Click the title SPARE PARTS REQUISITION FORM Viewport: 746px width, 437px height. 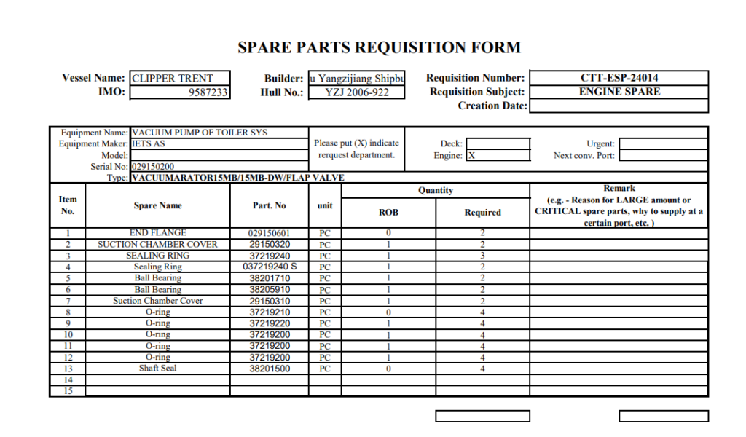tap(379, 48)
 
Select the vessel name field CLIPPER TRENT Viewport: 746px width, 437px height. tap(179, 78)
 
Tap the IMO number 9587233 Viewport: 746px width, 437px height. tap(179, 92)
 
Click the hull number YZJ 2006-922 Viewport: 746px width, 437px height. tap(356, 92)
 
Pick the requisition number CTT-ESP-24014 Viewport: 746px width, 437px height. tap(619, 78)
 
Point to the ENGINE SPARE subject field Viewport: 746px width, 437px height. tap(619, 92)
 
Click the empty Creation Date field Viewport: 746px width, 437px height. tap(619, 106)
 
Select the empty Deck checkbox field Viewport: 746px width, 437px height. tap(498, 143)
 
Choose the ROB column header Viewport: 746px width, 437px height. tap(388, 213)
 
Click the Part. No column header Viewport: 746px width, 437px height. tap(269, 205)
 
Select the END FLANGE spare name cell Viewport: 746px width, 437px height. tap(157, 233)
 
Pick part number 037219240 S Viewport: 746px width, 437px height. tap(270, 267)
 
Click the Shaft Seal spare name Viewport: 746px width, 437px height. tap(157, 369)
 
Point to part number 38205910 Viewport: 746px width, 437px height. tap(270, 290)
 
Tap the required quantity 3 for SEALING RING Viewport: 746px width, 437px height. tap(482, 256)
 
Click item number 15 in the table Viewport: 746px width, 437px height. tap(68, 391)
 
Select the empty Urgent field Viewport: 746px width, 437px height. tap(662, 143)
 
